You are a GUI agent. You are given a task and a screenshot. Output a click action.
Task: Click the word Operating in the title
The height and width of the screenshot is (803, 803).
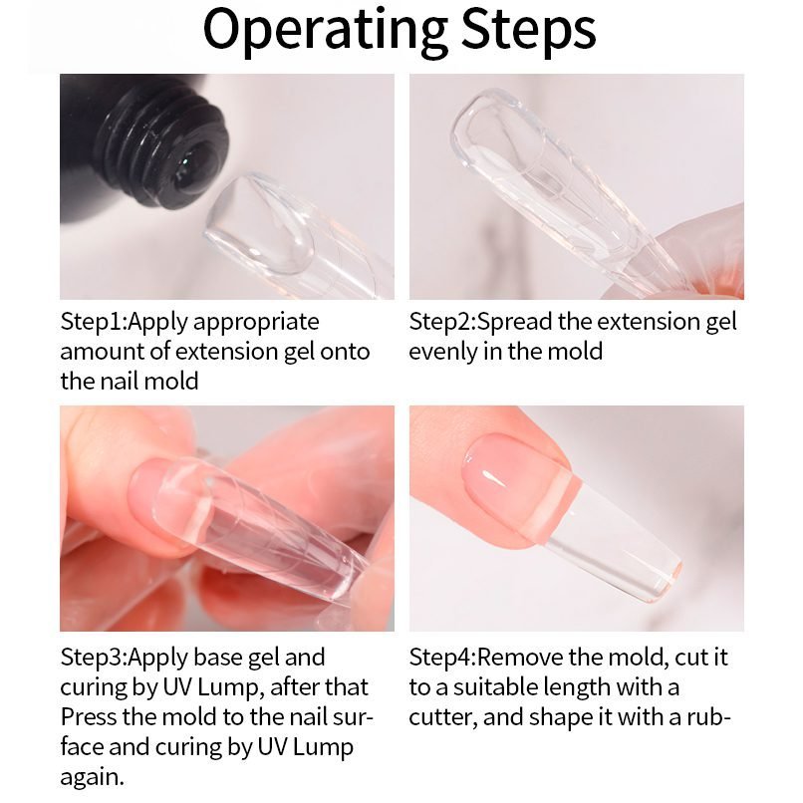(326, 32)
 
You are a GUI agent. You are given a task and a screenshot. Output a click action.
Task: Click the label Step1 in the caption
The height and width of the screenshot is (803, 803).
(94, 323)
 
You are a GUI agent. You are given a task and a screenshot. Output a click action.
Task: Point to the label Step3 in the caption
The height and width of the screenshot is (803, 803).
(94, 659)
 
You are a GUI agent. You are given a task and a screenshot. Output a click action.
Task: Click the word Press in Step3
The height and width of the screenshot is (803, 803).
(88, 717)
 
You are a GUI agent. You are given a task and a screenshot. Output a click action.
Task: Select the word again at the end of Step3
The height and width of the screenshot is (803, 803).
(93, 778)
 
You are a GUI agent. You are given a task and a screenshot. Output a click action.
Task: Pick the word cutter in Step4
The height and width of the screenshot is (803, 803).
(443, 718)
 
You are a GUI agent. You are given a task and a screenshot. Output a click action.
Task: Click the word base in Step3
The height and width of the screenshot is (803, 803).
(219, 659)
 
